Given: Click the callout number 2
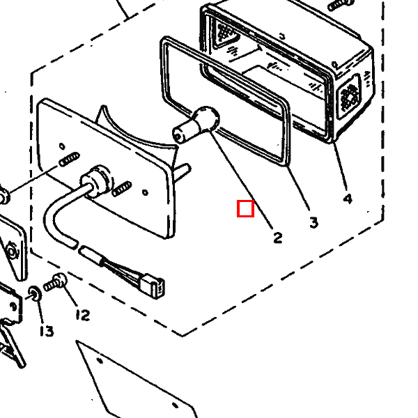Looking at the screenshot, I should (x=278, y=238).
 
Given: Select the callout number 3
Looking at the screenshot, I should (x=313, y=222).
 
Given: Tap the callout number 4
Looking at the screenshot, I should (x=348, y=199).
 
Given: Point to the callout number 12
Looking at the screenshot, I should (x=82, y=316).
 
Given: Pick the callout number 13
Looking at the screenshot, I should (x=46, y=331).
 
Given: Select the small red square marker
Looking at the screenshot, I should (x=245, y=208).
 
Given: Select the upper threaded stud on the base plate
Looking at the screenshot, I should (x=67, y=160).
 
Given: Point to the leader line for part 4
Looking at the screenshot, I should (x=340, y=167).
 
